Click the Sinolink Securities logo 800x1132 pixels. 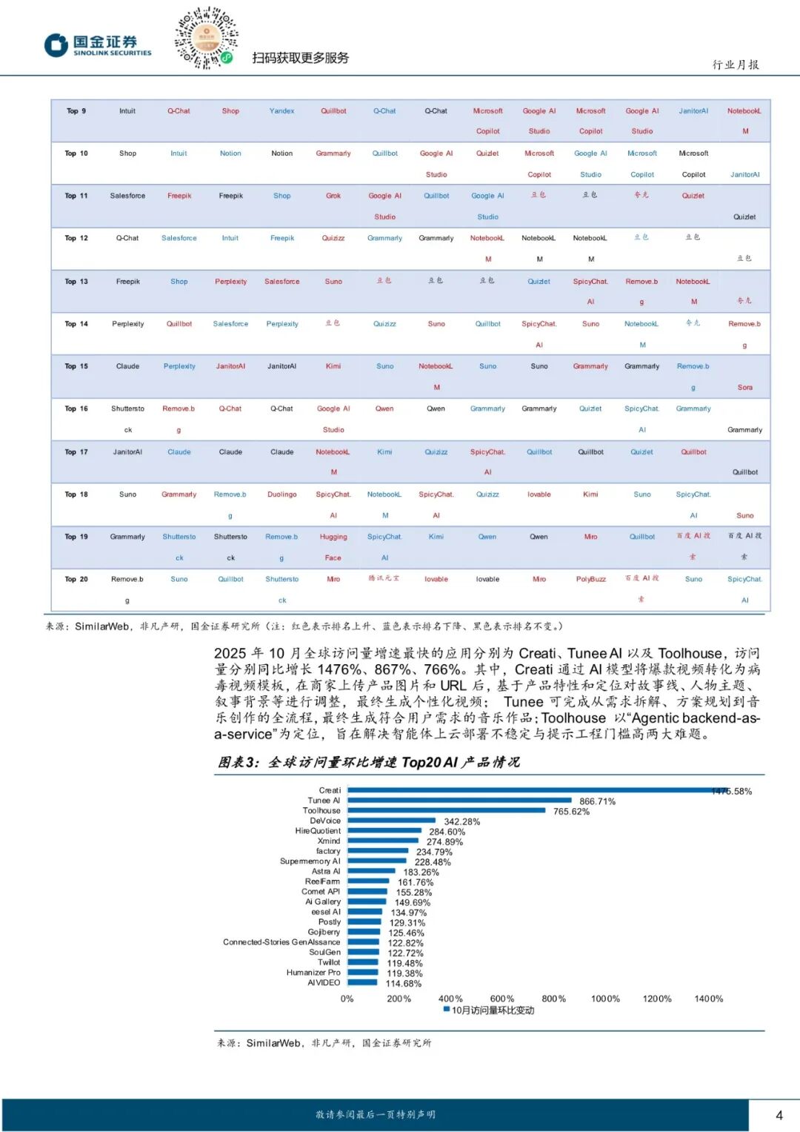click(x=98, y=45)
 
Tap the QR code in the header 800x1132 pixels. click(x=206, y=38)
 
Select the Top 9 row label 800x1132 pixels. click(x=76, y=111)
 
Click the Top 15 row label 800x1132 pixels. click(x=76, y=366)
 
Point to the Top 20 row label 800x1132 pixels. click(x=76, y=579)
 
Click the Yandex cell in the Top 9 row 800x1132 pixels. click(x=281, y=111)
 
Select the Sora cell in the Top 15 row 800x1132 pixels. click(x=744, y=388)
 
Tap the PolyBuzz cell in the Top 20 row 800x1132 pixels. click(x=590, y=579)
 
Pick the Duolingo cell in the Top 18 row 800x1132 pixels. click(x=281, y=494)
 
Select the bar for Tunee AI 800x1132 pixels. click(x=459, y=801)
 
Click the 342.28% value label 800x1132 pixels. click(x=461, y=821)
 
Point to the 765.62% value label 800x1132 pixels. click(x=571, y=812)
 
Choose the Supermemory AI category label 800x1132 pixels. click(x=310, y=861)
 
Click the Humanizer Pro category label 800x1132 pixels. click(x=313, y=973)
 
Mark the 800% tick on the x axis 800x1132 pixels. click(x=553, y=999)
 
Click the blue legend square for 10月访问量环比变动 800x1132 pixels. click(x=447, y=1009)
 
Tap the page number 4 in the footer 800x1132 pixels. click(x=779, y=1115)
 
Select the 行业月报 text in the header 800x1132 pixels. click(x=736, y=64)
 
